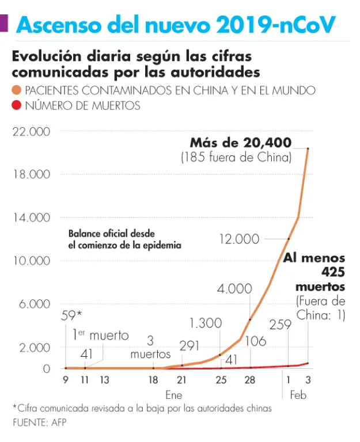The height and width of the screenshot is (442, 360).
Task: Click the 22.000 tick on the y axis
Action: [x=31, y=132]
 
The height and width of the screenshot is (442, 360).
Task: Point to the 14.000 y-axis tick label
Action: [x=31, y=218]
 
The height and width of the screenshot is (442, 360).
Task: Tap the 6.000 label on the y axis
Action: [x=34, y=304]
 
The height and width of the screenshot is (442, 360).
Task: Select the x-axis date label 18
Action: [x=153, y=380]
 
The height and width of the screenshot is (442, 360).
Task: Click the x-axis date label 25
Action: [x=221, y=380]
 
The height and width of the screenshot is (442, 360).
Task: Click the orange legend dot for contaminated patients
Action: [x=17, y=90]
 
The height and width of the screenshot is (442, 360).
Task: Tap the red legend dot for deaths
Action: [x=17, y=105]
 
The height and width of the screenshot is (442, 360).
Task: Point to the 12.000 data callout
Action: [x=239, y=239]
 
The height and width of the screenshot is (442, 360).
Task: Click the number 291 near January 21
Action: [x=189, y=346]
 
